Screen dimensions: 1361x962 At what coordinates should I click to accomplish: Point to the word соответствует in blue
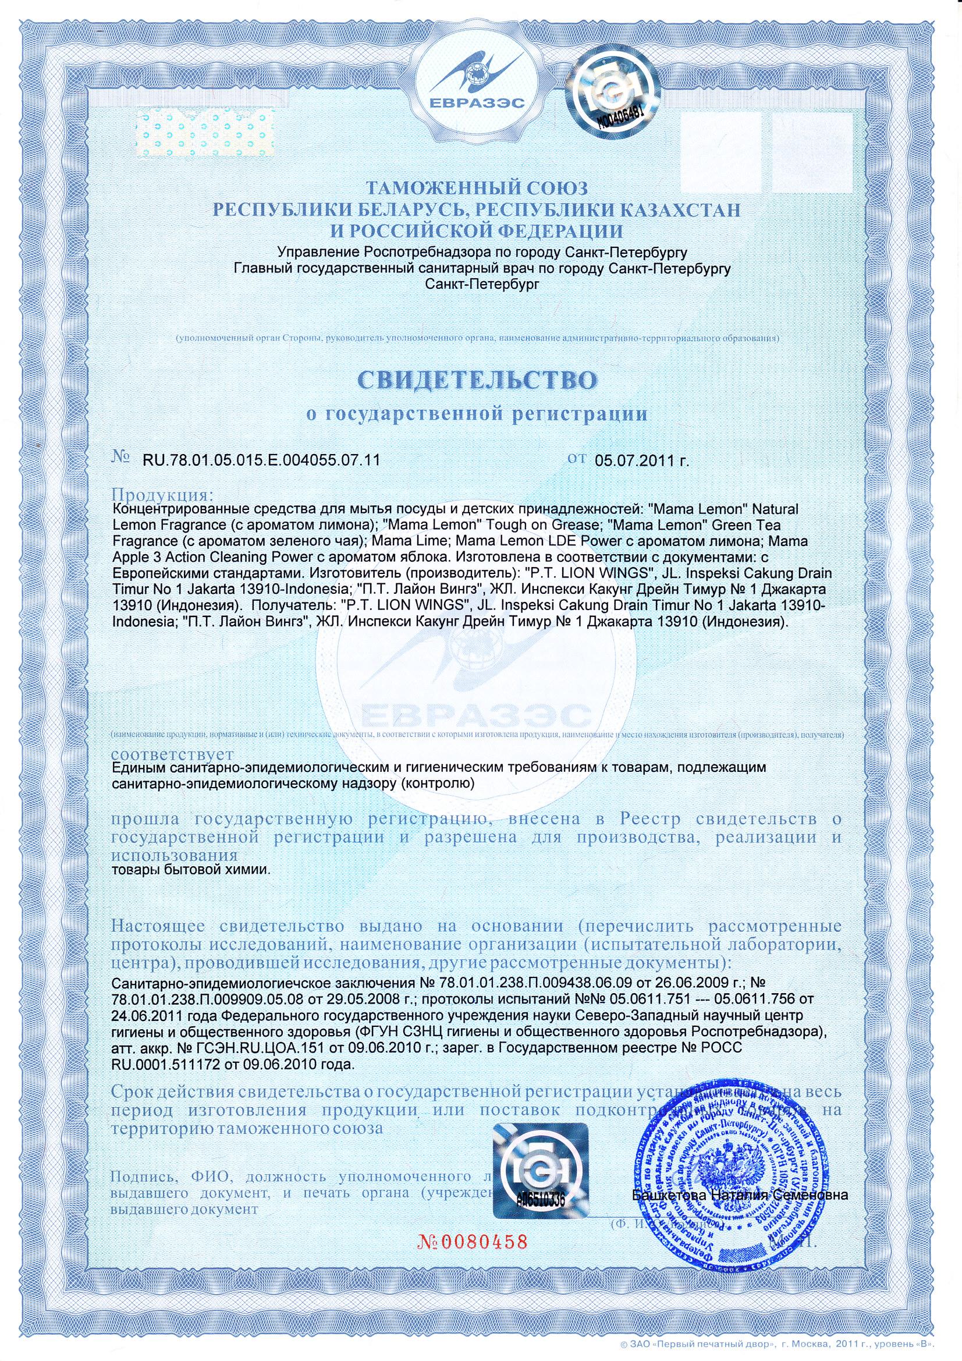coord(172,753)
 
